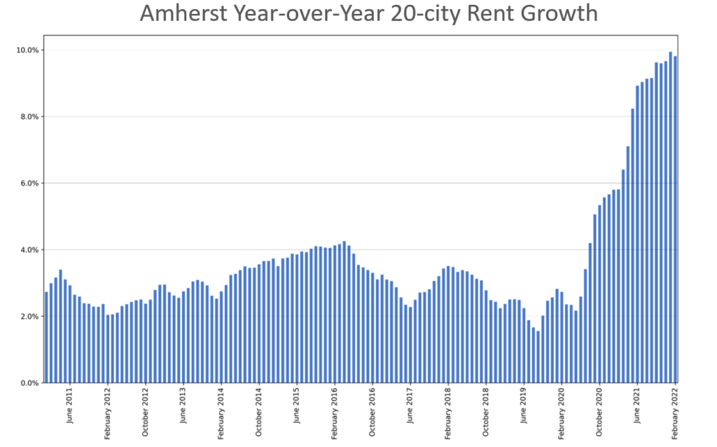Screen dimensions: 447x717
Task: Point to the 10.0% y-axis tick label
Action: pyautogui.click(x=25, y=50)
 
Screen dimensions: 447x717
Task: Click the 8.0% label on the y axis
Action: pyautogui.click(x=27, y=116)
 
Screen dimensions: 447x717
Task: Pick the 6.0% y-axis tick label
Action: pyautogui.click(x=27, y=183)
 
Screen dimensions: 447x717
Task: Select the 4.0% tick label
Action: pyautogui.click(x=27, y=249)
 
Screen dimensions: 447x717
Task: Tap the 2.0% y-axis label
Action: pyautogui.click(x=27, y=316)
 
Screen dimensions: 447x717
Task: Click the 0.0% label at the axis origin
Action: pyautogui.click(x=27, y=383)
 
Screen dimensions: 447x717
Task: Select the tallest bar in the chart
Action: pyautogui.click(x=671, y=217)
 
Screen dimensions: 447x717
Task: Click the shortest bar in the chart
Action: pyautogui.click(x=538, y=357)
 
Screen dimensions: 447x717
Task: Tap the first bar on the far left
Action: pyautogui.click(x=46, y=337)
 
